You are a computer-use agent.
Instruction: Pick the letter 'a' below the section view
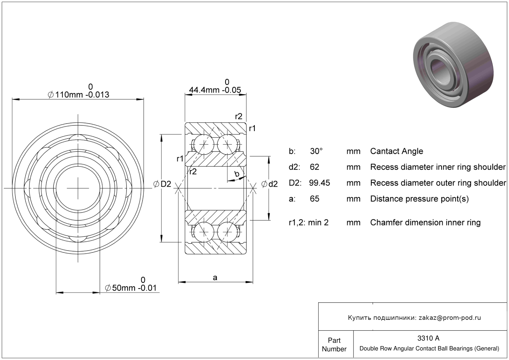pyautogui.click(x=215, y=277)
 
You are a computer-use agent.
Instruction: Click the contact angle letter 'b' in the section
pyautogui.click(x=237, y=174)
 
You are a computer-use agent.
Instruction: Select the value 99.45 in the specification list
pyautogui.click(x=319, y=183)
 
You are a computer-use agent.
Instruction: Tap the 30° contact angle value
pyautogui.click(x=316, y=151)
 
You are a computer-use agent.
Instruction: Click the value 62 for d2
pyautogui.click(x=314, y=167)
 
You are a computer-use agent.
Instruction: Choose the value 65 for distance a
pyautogui.click(x=314, y=199)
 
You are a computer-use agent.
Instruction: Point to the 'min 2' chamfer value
pyautogui.click(x=318, y=222)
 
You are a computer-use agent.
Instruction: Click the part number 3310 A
pyautogui.click(x=428, y=338)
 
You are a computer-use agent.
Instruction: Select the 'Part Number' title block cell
pyautogui.click(x=334, y=344)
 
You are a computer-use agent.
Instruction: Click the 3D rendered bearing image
pyautogui.click(x=453, y=65)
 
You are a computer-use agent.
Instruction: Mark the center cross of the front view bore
pyautogui.click(x=78, y=188)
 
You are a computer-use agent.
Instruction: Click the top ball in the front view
pyautogui.click(x=78, y=141)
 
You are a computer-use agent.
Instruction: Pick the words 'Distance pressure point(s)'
pyautogui.click(x=419, y=199)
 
